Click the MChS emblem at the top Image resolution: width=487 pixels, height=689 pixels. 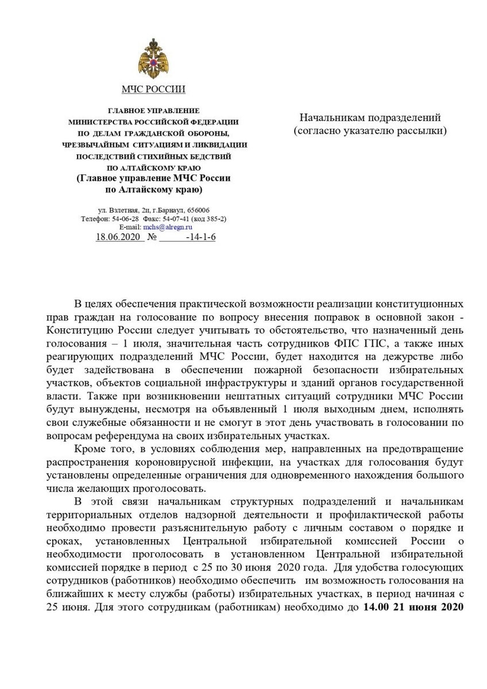(x=153, y=59)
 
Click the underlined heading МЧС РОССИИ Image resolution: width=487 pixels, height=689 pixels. (x=153, y=89)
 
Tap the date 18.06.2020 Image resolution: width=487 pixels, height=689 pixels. (x=119, y=237)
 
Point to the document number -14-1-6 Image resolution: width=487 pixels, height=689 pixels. (x=201, y=237)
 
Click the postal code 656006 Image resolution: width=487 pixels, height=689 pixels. (x=198, y=211)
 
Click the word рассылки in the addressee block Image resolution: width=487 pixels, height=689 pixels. (x=423, y=131)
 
